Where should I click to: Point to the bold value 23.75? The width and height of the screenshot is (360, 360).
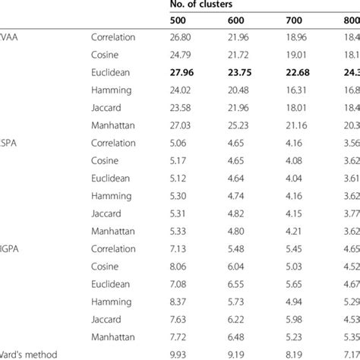point(239,74)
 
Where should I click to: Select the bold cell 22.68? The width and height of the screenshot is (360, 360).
point(293,74)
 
